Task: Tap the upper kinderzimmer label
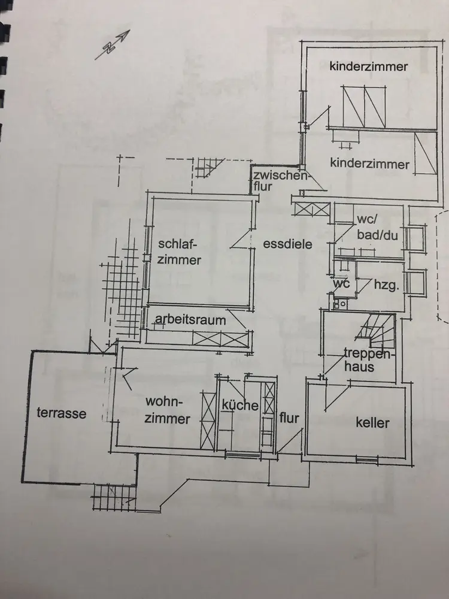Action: [368, 66]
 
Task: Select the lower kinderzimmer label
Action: [369, 164]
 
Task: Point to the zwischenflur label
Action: [279, 180]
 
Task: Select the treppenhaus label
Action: [359, 359]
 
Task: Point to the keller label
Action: [372, 423]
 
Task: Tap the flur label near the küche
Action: [289, 418]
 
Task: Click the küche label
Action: [240, 406]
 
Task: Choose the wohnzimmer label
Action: [168, 410]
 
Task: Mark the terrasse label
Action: [61, 413]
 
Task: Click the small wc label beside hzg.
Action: [341, 283]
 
